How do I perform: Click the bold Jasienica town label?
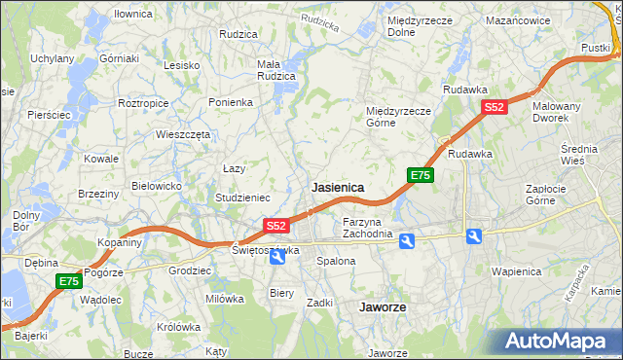337,186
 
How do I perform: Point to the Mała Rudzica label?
275,71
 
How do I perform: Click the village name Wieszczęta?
183,134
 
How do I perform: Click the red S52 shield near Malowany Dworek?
495,108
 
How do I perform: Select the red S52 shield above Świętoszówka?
276,226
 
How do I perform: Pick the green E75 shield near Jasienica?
420,175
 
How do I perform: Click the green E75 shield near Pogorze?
67,281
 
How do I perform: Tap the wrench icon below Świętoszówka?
277,256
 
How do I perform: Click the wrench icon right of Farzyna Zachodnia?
406,239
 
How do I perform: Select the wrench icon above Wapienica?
473,236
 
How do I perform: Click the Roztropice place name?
143,102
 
